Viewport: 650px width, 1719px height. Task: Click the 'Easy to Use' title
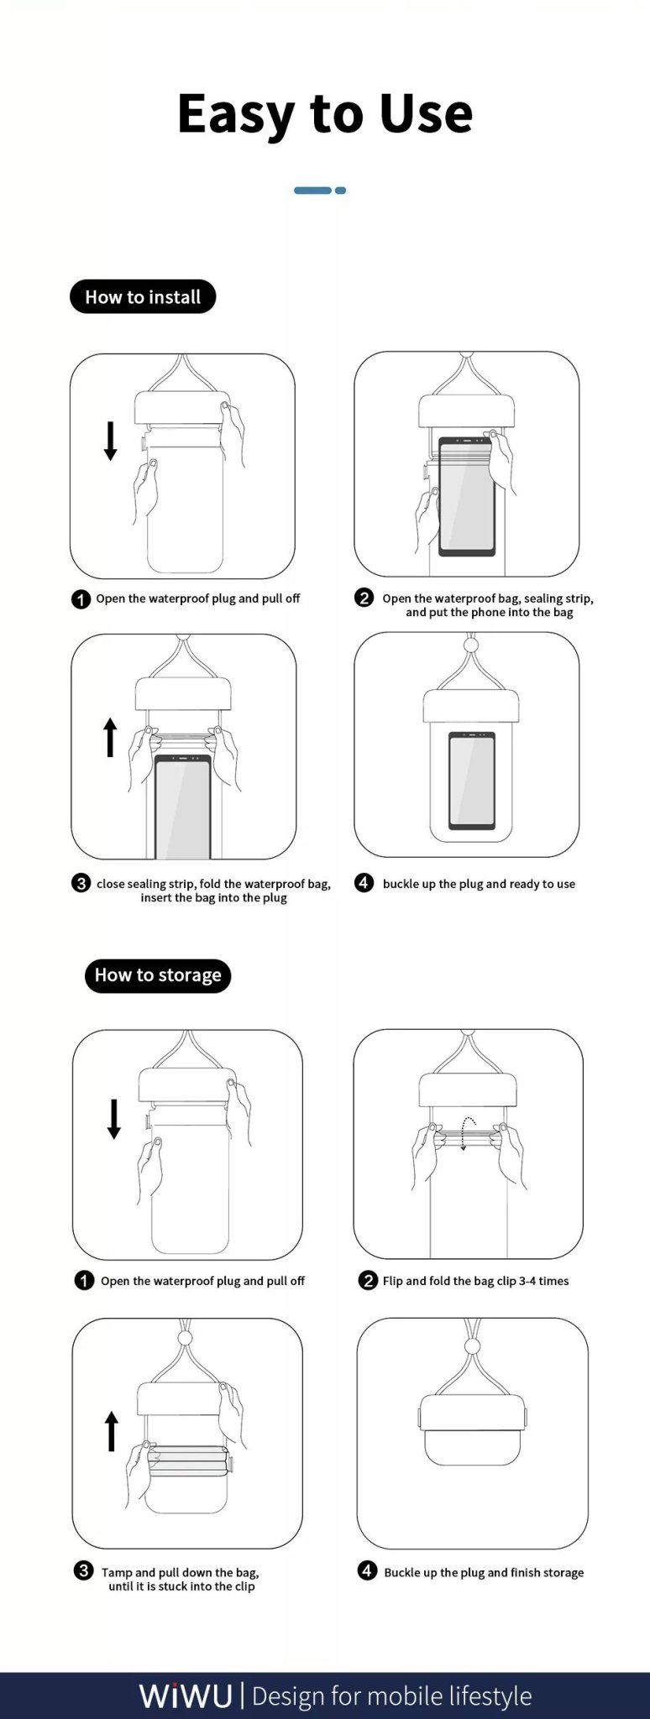pyautogui.click(x=325, y=113)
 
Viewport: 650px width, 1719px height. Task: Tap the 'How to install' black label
pyautogui.click(x=143, y=297)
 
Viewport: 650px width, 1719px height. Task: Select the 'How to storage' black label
pyautogui.click(x=158, y=975)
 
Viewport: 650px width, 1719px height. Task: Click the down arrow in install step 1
pyautogui.click(x=110, y=441)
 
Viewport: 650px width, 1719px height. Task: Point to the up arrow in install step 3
pyautogui.click(x=110, y=737)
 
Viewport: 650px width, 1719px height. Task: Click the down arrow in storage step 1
pyautogui.click(x=114, y=1119)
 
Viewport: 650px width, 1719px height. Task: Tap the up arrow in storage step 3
pyautogui.click(x=112, y=1431)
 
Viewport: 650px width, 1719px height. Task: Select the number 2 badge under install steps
pyautogui.click(x=364, y=598)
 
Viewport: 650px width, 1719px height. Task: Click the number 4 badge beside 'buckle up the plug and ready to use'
pyautogui.click(x=364, y=882)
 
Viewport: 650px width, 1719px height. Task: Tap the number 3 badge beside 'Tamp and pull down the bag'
pyautogui.click(x=83, y=1570)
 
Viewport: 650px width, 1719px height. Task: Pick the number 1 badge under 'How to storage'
pyautogui.click(x=84, y=1280)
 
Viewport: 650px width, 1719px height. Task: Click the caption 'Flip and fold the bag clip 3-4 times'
pyautogui.click(x=476, y=1281)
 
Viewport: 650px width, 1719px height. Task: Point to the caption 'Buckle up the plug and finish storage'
pyautogui.click(x=484, y=1572)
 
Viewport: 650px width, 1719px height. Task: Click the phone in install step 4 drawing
pyautogui.click(x=471, y=781)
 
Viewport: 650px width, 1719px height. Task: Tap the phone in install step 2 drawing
pyautogui.click(x=466, y=496)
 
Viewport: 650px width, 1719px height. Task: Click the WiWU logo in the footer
pyautogui.click(x=186, y=1695)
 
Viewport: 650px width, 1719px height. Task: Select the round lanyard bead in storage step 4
pyautogui.click(x=472, y=1346)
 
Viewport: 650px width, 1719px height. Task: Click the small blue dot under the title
pyautogui.click(x=340, y=191)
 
